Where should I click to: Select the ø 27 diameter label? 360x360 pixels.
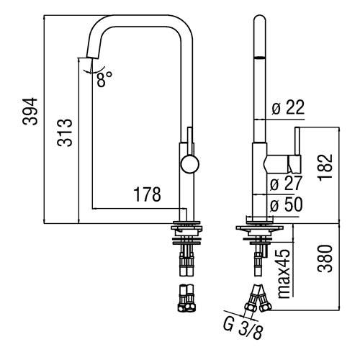click(287, 184)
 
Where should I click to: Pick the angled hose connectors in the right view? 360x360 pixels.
click(257, 296)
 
